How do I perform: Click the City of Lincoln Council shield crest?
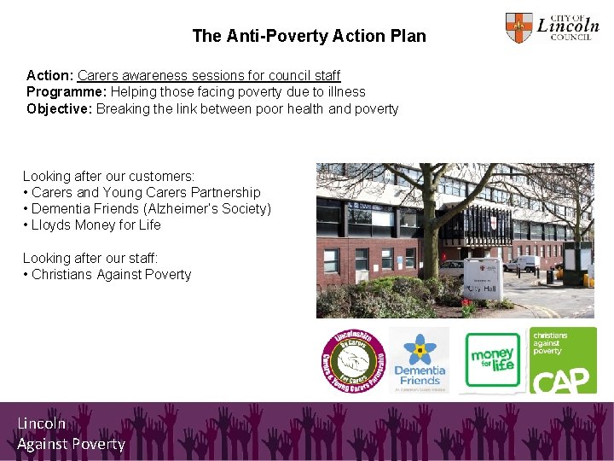coord(518,28)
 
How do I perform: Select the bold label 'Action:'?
coord(50,75)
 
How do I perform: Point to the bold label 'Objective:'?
coord(60,108)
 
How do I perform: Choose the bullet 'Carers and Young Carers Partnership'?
coord(146,192)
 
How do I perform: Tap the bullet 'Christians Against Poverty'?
coord(111,274)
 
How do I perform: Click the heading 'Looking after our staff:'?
coord(90,257)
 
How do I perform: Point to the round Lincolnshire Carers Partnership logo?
coord(352,361)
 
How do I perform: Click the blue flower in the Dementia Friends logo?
coord(419,349)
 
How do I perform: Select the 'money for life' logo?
coord(492,361)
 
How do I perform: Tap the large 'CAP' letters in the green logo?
coord(563,378)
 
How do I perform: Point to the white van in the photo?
coord(521,264)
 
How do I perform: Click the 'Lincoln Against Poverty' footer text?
coord(71,433)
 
